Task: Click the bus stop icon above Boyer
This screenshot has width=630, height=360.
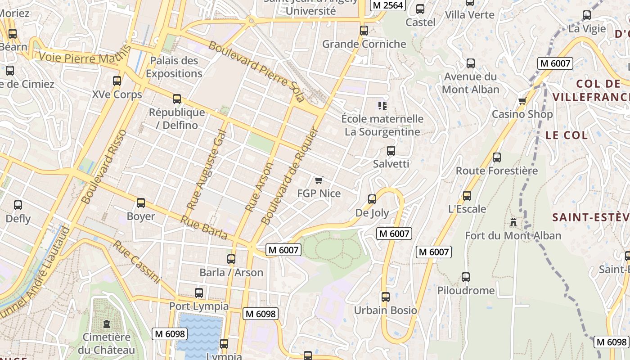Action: tap(141, 203)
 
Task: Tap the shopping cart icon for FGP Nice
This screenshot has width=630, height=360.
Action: tap(319, 180)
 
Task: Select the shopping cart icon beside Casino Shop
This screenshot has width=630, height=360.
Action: tap(522, 101)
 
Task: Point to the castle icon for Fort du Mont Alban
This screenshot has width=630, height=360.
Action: tap(513, 222)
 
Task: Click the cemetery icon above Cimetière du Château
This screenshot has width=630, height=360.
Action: tap(107, 324)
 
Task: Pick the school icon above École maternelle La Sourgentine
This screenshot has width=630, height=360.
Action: tap(382, 106)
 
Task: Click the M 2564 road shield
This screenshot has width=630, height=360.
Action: tap(388, 5)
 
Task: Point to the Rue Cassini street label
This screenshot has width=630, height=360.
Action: tap(136, 262)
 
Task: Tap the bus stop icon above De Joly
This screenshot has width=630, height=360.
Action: tap(372, 199)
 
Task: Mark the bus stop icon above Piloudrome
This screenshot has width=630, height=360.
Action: tap(466, 277)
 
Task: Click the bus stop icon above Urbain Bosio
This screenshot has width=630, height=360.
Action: tap(386, 297)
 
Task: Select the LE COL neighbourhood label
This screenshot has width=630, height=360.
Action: tap(567, 135)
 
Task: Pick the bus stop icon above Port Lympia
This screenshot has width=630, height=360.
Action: tap(199, 293)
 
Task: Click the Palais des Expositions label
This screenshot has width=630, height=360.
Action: tap(174, 67)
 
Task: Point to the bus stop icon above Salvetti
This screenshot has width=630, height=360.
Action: tap(391, 151)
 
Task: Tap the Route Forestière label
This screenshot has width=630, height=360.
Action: tap(497, 171)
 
